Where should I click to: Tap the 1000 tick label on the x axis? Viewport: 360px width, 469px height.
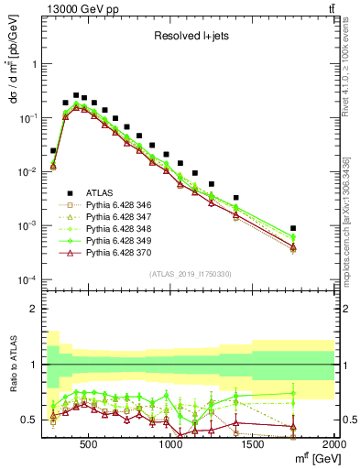point(171,443)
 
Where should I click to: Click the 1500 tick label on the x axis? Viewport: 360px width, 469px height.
point(254,443)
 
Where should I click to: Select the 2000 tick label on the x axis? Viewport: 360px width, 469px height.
point(334,443)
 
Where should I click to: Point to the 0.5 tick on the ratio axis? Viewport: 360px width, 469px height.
point(29,420)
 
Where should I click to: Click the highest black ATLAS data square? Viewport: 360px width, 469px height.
point(76,94)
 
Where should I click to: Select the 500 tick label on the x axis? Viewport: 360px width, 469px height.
point(89,443)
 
